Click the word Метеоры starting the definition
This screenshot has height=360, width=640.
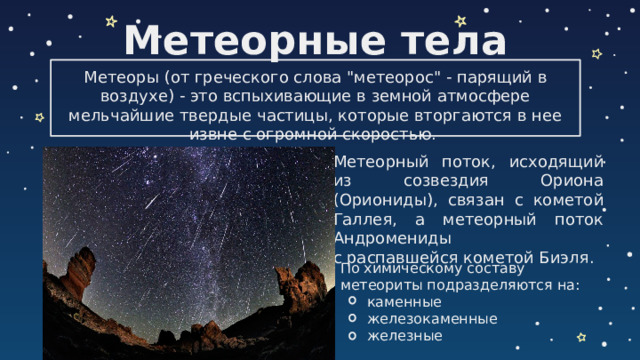click(116, 79)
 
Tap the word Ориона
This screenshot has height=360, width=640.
click(569, 181)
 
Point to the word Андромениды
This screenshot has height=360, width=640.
click(392, 238)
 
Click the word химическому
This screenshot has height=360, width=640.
click(417, 268)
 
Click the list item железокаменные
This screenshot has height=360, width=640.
click(432, 318)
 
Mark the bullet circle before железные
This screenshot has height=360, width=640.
click(351, 335)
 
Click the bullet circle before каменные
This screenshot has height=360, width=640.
click(351, 301)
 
